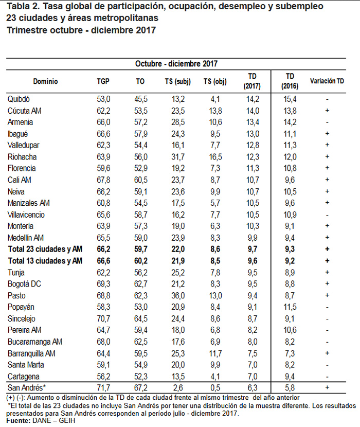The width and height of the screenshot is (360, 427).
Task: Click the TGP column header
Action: coord(103,81)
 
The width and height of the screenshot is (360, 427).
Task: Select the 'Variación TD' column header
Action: coord(327,81)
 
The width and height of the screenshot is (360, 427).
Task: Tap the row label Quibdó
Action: coord(19,99)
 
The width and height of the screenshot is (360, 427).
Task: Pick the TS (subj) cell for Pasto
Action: coord(178,295)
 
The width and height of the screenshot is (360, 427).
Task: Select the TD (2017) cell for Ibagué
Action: coord(253,133)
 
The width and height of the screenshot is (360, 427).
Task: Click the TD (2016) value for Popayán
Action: coord(291,307)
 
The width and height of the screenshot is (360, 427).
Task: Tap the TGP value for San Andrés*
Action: coord(103,387)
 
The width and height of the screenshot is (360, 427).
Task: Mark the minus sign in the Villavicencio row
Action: coord(327,215)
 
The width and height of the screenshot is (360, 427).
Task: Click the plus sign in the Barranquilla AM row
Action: coord(327,353)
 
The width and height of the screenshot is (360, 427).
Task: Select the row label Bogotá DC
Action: coord(24,284)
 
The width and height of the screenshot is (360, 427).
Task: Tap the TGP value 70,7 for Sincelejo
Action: coord(103,318)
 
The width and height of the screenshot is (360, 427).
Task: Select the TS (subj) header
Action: coord(178,81)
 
